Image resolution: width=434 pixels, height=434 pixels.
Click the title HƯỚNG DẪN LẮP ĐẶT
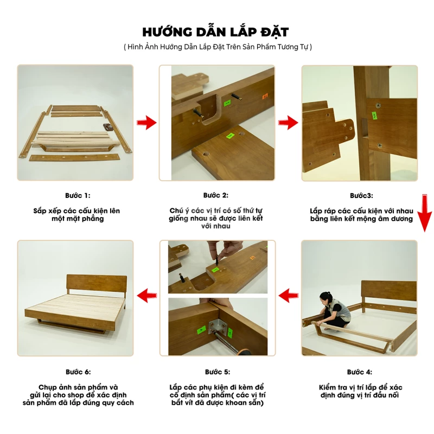pyautogui.click(x=215, y=32)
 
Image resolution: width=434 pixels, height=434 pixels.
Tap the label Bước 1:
pyautogui.click(x=78, y=195)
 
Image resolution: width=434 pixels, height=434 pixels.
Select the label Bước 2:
pyautogui.click(x=216, y=195)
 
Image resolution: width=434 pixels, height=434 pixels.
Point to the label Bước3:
pyautogui.click(x=361, y=196)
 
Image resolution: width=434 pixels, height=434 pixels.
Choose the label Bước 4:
pyautogui.click(x=360, y=372)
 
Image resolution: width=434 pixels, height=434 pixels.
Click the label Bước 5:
pyautogui.click(x=218, y=372)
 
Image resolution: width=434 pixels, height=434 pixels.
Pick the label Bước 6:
pyautogui.click(x=78, y=372)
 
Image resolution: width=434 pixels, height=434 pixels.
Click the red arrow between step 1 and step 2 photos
pyautogui.click(x=146, y=123)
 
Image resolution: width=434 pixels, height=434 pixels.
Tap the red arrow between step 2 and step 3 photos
pyautogui.click(x=288, y=123)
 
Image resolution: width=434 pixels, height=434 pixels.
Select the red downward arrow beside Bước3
pyautogui.click(x=424, y=213)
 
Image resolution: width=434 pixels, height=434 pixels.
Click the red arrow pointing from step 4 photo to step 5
pyautogui.click(x=289, y=296)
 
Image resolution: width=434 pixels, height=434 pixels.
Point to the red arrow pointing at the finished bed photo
pyautogui.click(x=147, y=296)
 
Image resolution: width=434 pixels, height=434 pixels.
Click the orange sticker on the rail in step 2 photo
pyautogui.click(x=265, y=97)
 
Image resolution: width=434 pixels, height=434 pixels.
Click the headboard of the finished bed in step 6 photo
pyautogui.click(x=97, y=285)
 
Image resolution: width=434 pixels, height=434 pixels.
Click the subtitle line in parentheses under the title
pyautogui.click(x=218, y=47)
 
